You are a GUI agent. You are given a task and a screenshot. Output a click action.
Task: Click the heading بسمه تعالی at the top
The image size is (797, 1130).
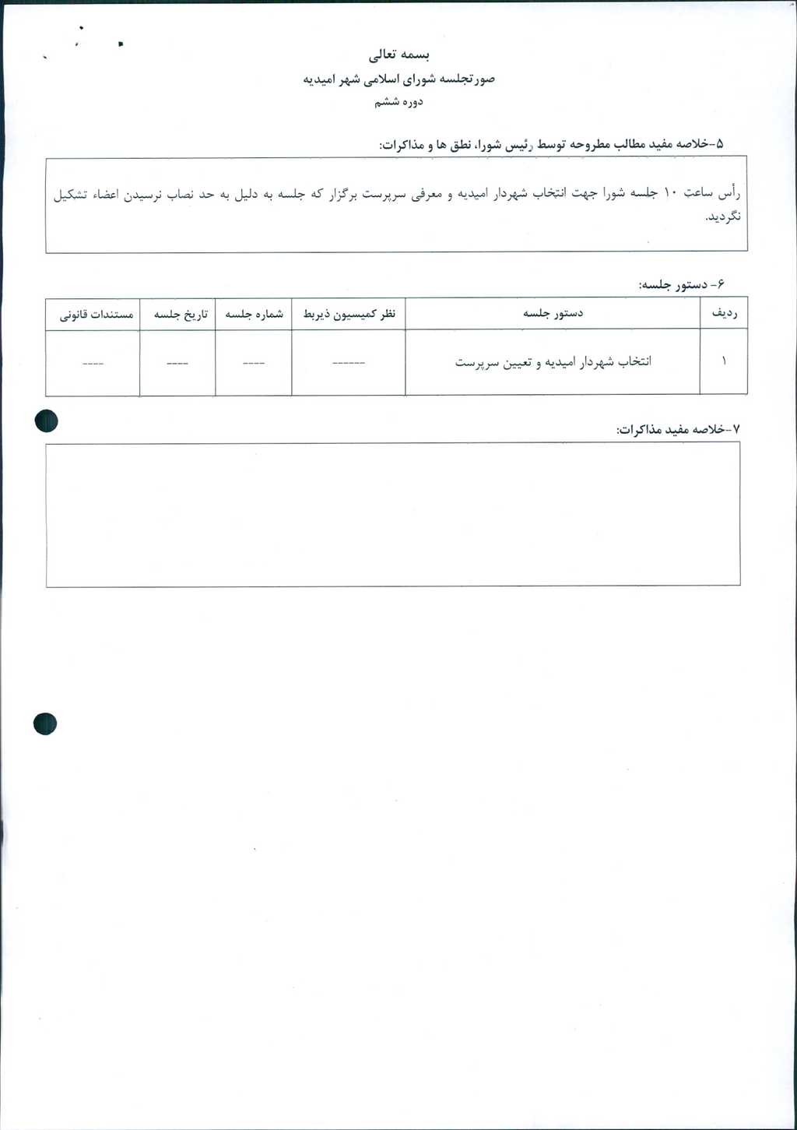pyautogui.click(x=398, y=55)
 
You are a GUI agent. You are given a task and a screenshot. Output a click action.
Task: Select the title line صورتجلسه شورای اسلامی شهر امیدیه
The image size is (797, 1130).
pyautogui.click(x=398, y=79)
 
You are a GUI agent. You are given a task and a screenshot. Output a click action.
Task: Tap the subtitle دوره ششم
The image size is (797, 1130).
pyautogui.click(x=398, y=102)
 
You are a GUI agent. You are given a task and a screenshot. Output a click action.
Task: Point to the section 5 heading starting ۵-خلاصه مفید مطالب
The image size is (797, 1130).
pyautogui.click(x=551, y=145)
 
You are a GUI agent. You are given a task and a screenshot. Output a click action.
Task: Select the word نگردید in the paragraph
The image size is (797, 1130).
pyautogui.click(x=723, y=216)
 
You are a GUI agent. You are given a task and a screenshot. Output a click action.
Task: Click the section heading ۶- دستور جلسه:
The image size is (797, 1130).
pyautogui.click(x=681, y=285)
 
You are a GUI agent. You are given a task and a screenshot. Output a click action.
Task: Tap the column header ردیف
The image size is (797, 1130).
pyautogui.click(x=724, y=314)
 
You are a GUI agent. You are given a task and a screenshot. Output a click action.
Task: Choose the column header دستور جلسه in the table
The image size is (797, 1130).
pyautogui.click(x=553, y=314)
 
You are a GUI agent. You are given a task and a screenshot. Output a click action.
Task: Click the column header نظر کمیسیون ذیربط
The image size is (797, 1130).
pyautogui.click(x=349, y=314)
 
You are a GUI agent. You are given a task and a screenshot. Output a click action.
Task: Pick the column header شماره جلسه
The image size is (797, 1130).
pyautogui.click(x=254, y=314)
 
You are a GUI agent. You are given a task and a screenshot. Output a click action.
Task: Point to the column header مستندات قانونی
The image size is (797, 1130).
pyautogui.click(x=97, y=315)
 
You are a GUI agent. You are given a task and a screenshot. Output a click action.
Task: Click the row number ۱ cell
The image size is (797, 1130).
pyautogui.click(x=724, y=361)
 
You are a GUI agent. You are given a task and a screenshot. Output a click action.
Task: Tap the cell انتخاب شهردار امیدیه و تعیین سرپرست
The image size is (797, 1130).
pyautogui.click(x=553, y=362)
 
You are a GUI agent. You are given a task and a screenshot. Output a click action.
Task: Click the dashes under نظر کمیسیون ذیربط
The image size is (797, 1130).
pyautogui.click(x=349, y=363)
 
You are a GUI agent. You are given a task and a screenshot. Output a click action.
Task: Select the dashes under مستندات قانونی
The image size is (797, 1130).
pyautogui.click(x=93, y=363)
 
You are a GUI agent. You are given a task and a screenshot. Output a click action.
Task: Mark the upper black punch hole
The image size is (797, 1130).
pyautogui.click(x=47, y=421)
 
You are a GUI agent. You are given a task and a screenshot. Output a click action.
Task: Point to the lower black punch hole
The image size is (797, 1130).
pyautogui.click(x=45, y=723)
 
